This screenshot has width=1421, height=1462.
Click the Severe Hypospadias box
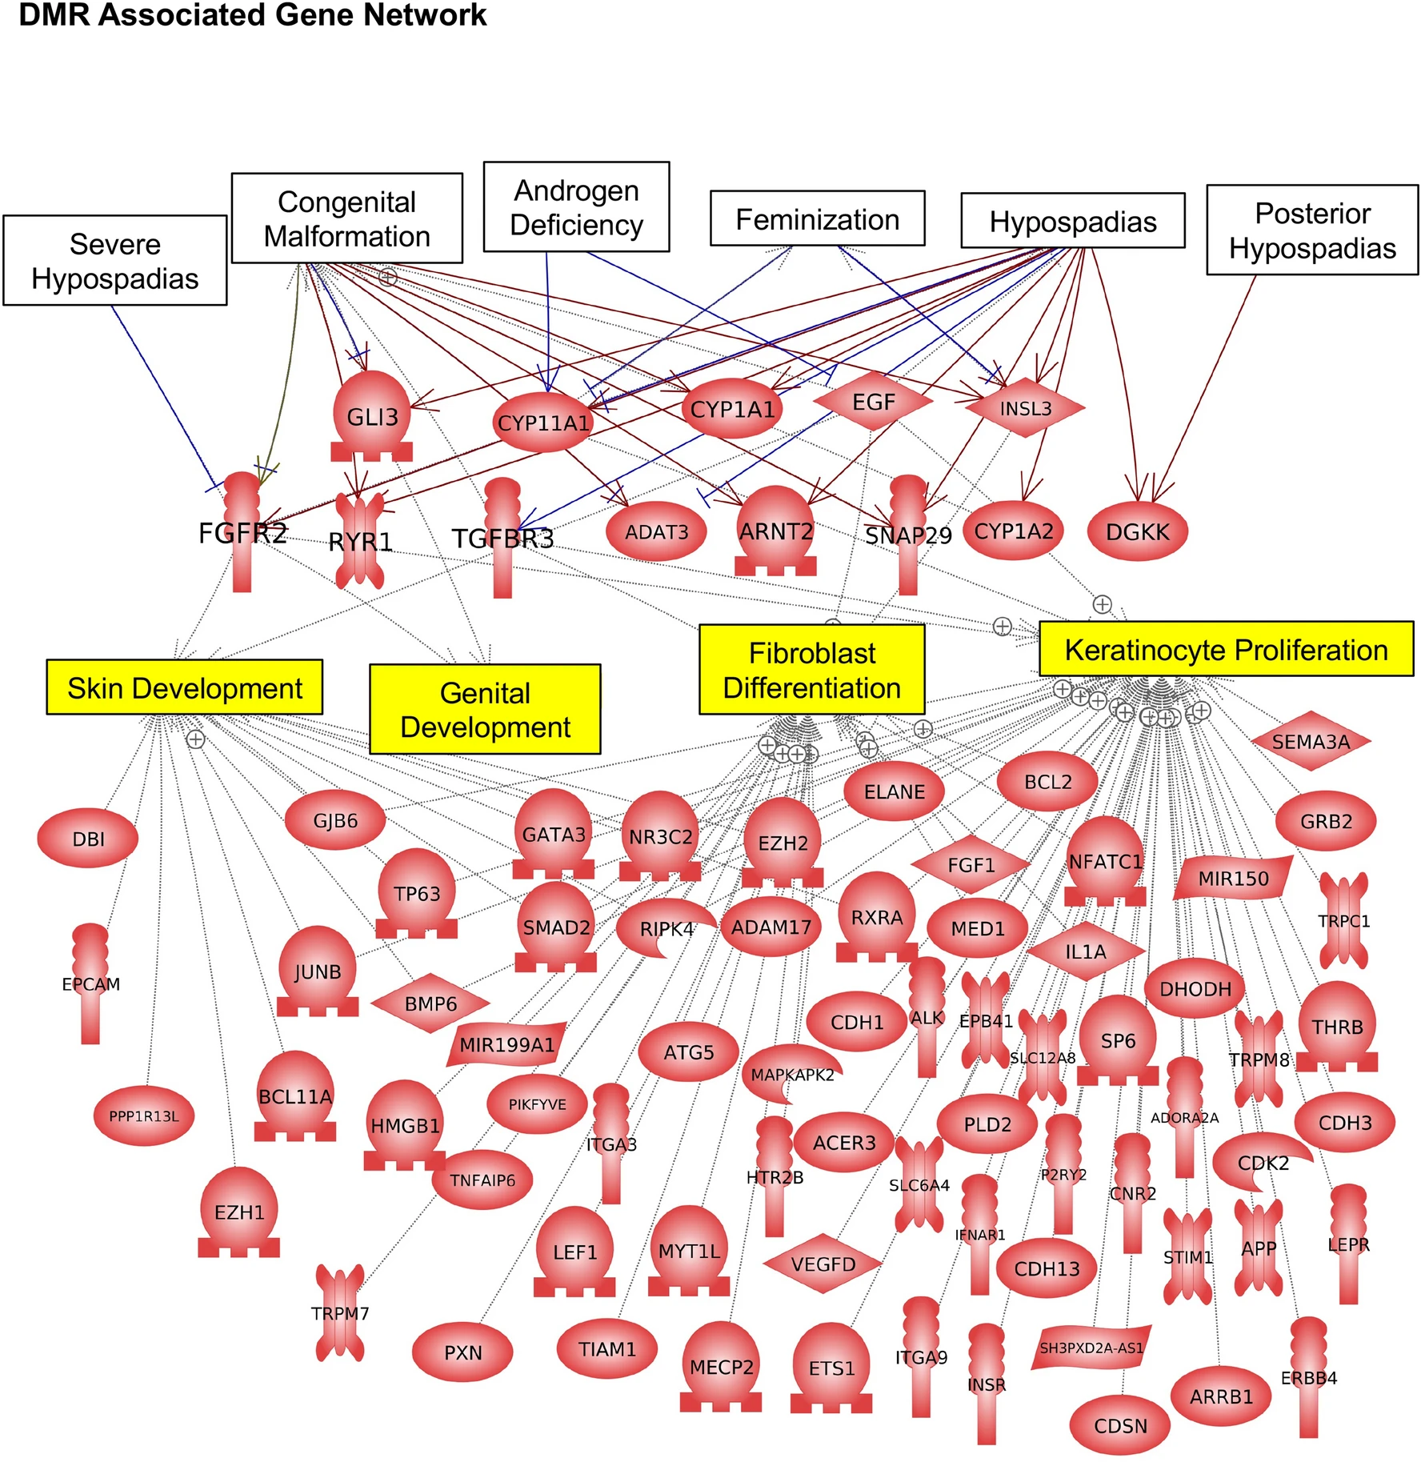pos(115,260)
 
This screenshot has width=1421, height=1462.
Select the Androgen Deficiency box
pos(576,207)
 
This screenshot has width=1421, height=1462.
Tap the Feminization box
pos(817,218)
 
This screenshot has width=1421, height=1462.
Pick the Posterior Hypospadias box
pos(1311,230)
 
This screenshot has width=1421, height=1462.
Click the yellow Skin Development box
pos(185,687)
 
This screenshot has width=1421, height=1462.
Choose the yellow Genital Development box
pos(485,709)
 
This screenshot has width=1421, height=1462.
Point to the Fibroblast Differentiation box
pos(811,670)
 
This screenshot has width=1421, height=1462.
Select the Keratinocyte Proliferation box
pos(1225,649)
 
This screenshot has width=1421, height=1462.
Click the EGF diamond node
pos(873,402)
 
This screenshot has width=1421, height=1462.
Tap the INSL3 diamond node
pos(1025,408)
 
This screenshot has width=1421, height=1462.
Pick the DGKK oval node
pos(1137,531)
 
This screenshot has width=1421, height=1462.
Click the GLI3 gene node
pos(372,416)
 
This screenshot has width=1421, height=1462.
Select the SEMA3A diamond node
pos(1311,742)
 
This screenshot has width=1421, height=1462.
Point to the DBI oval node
pos(88,839)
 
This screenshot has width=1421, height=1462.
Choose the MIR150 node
pos(1233,879)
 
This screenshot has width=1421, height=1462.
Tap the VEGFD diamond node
pos(823,1264)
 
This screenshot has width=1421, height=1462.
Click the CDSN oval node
pos(1120,1426)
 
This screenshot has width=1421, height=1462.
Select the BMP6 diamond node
pos(430,1003)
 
